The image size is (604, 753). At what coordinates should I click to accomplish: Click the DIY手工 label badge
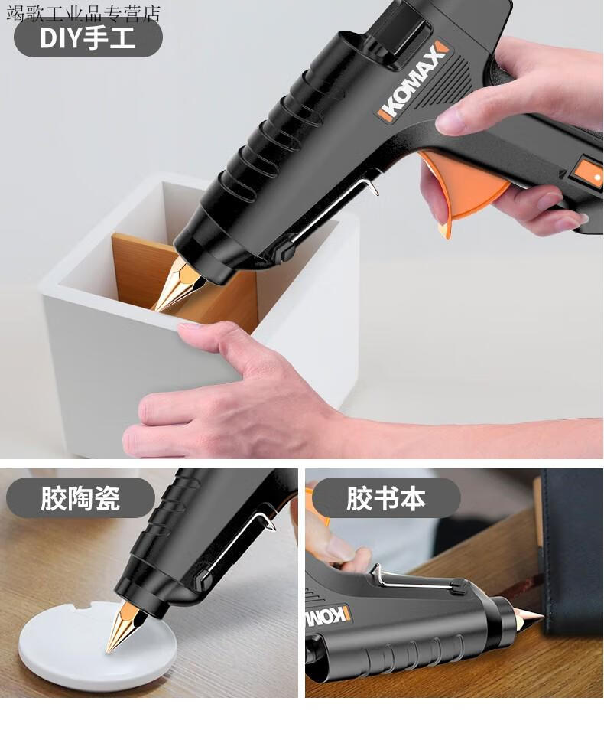[x=88, y=38]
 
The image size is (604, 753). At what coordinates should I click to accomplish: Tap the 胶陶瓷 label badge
[x=80, y=497]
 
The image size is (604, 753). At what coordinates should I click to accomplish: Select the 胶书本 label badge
[x=386, y=497]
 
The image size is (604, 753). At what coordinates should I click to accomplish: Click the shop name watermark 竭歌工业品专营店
[x=83, y=13]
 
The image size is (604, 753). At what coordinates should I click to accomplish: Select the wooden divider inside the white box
[x=185, y=276]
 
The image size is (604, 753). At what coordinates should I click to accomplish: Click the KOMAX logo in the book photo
[x=328, y=616]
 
